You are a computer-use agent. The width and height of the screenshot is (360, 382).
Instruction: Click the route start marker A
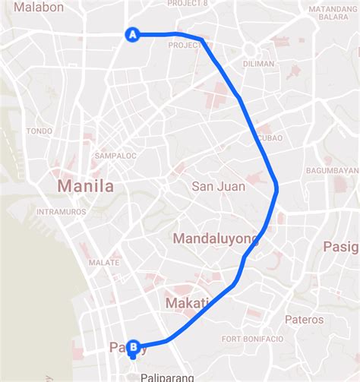(x=133, y=34)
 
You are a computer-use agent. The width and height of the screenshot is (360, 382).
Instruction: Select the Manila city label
(x=86, y=186)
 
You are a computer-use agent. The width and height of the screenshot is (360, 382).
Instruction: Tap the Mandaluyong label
(x=216, y=238)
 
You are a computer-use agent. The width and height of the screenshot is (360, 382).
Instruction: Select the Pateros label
(x=304, y=320)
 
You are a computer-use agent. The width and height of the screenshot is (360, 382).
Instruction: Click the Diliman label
(x=259, y=64)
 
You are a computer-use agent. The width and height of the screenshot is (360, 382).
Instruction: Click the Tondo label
(x=39, y=131)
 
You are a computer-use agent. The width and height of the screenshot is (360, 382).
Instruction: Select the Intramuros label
(x=62, y=211)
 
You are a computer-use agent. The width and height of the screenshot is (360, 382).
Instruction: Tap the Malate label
(x=104, y=262)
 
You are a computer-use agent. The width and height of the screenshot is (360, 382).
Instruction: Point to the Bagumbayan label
(x=332, y=170)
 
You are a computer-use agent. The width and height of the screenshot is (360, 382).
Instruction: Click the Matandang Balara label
(x=328, y=13)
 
